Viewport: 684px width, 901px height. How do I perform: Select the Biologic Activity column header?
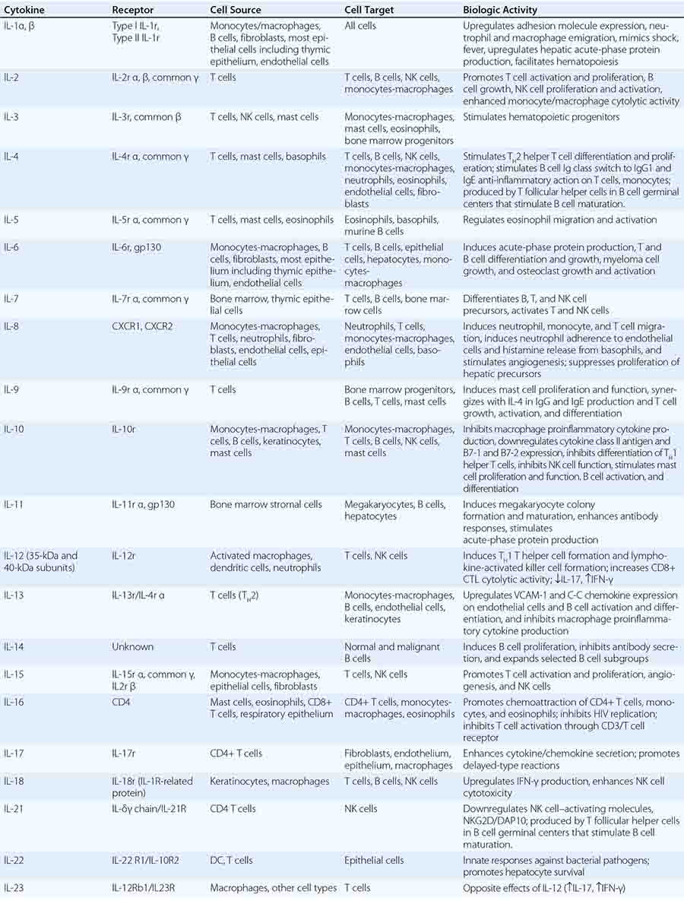pos(500,10)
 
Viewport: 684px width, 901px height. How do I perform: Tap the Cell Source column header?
pos(236,10)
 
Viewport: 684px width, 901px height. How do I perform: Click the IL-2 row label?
pos(11,78)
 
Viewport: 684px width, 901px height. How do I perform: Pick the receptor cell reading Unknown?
pos(132,647)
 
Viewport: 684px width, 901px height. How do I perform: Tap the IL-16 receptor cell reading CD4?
pos(121,702)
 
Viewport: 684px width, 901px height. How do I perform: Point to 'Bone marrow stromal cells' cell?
pos(266,504)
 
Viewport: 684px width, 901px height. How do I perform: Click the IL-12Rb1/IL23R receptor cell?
pos(149,887)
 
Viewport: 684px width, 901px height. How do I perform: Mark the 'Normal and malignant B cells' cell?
pos(392,652)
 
